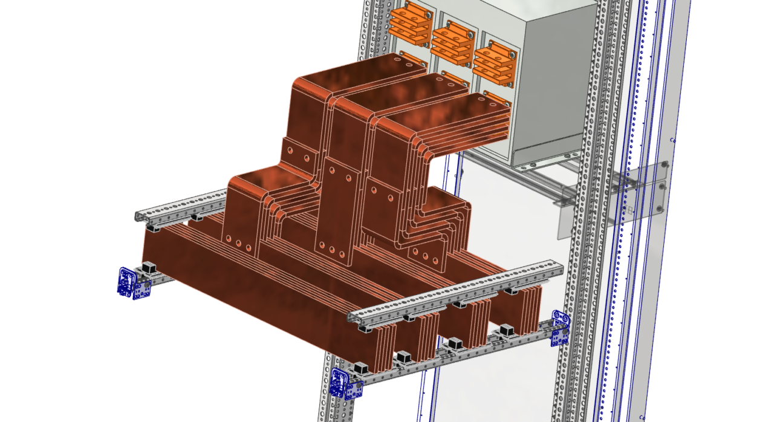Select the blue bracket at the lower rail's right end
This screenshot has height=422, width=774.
pos(560,329)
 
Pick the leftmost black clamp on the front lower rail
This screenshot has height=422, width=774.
pos(362,368)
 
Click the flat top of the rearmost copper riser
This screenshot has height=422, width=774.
pos(357,70)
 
